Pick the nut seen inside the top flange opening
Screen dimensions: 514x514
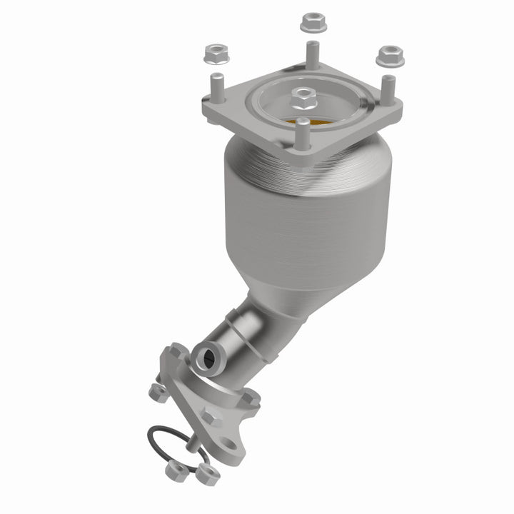click(303, 94)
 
